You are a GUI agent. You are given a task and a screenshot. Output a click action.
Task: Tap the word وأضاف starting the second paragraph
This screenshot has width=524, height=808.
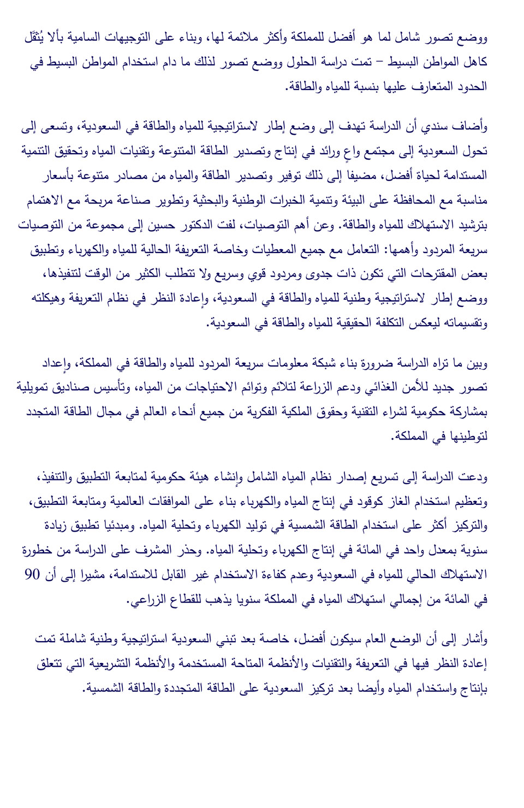pos(473,126)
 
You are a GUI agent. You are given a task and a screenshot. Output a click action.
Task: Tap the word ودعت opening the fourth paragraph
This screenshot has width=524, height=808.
pos(473,477)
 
